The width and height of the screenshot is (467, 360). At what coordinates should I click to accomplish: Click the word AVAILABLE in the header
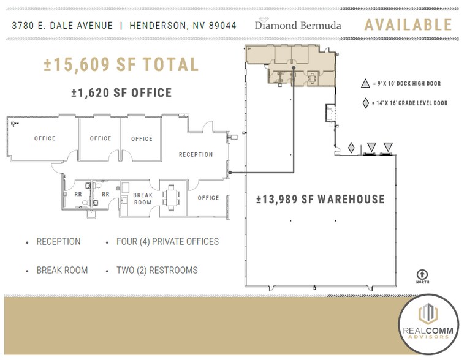408,25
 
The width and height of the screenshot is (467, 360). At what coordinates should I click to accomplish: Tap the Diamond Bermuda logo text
298,26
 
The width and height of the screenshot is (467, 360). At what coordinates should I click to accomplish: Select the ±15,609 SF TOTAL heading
121,65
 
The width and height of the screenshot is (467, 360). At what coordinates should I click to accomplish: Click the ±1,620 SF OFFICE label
121,93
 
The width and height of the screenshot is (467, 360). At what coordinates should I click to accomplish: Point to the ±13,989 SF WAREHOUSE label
321,199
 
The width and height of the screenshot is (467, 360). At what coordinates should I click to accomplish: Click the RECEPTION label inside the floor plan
196,155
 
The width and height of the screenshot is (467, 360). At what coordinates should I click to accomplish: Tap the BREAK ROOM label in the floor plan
143,199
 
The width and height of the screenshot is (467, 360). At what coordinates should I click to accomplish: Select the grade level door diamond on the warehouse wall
351,148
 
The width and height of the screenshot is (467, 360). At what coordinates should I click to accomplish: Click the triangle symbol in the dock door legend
365,84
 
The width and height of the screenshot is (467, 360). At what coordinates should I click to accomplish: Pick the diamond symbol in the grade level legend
365,103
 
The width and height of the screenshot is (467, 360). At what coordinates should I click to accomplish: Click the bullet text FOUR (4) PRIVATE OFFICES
167,242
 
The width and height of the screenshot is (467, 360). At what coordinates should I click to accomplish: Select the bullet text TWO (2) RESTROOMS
157,270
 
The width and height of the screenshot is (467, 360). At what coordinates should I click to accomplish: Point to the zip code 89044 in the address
223,26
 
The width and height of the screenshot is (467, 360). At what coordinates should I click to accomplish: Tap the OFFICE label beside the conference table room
208,198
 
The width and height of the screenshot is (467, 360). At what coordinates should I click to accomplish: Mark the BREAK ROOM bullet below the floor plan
62,270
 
